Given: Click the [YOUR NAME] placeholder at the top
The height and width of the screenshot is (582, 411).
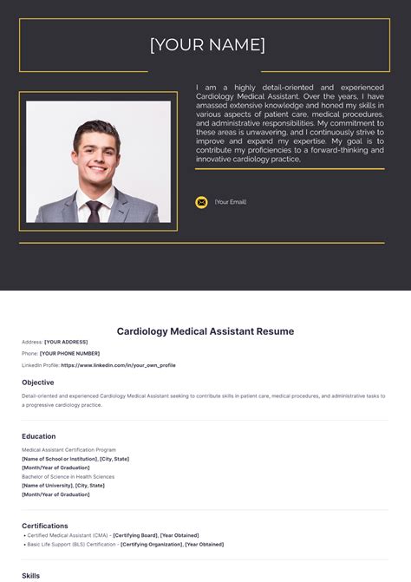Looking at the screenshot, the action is [207, 44].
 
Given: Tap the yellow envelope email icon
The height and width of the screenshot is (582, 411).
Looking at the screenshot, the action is [201, 202].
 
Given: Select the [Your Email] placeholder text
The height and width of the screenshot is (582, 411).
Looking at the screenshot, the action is [231, 202].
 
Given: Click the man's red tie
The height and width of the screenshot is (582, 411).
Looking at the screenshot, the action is [94, 210].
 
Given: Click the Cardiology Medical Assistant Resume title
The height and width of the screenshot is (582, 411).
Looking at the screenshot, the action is [205, 331].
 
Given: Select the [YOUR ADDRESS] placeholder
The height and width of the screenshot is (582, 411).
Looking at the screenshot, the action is [66, 342].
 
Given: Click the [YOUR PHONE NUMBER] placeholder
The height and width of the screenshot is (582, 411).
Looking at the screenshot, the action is [69, 354].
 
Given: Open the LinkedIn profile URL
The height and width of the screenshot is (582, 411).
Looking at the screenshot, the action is [118, 365].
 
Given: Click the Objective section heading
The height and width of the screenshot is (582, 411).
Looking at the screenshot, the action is [38, 383].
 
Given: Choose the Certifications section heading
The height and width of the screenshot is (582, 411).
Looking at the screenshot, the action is [45, 526].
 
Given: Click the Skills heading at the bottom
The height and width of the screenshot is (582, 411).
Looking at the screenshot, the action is [31, 575].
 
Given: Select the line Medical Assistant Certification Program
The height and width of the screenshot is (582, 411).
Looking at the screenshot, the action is [68, 450].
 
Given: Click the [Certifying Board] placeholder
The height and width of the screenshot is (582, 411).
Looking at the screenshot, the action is [134, 535].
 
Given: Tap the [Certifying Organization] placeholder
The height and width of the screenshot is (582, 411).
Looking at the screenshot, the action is [152, 544].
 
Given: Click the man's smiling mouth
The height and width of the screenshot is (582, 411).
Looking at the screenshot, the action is [96, 169].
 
